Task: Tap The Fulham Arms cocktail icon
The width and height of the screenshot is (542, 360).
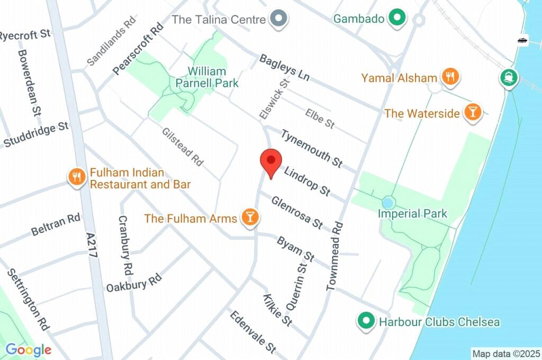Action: pyautogui.click(x=249, y=217)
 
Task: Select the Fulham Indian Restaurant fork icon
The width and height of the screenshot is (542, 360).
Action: pyautogui.click(x=77, y=177)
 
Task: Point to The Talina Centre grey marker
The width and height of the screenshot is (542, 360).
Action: pyautogui.click(x=278, y=20)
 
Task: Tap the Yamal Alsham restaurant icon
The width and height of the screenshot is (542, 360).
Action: pyautogui.click(x=450, y=77)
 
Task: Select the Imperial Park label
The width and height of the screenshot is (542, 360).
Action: pyautogui.click(x=412, y=214)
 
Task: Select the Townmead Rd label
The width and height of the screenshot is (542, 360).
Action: pyautogui.click(x=335, y=256)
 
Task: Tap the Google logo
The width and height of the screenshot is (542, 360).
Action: pyautogui.click(x=29, y=350)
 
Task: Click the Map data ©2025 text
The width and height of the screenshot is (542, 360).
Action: pyautogui.click(x=505, y=353)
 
